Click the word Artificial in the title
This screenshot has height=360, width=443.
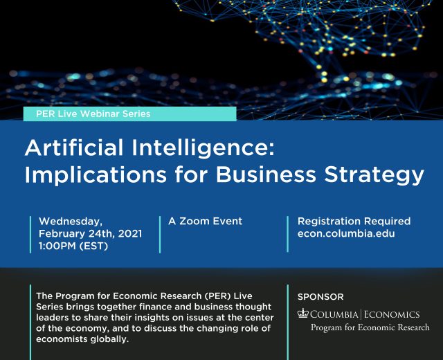click(74, 147)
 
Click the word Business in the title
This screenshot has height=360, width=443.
click(266, 174)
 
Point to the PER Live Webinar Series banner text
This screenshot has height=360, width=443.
click(93, 114)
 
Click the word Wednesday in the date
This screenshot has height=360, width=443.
click(71, 222)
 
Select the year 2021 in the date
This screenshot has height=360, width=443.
click(130, 234)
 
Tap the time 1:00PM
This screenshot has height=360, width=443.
click(57, 246)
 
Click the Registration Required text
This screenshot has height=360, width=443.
click(354, 221)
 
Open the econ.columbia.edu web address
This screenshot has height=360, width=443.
click(346, 234)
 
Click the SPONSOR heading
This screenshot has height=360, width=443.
click(320, 297)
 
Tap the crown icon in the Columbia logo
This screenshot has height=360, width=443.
click(303, 314)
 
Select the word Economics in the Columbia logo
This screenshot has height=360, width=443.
click(392, 314)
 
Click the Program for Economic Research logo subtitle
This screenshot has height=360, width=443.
click(370, 327)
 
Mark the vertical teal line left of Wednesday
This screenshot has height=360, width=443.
click(30, 235)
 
